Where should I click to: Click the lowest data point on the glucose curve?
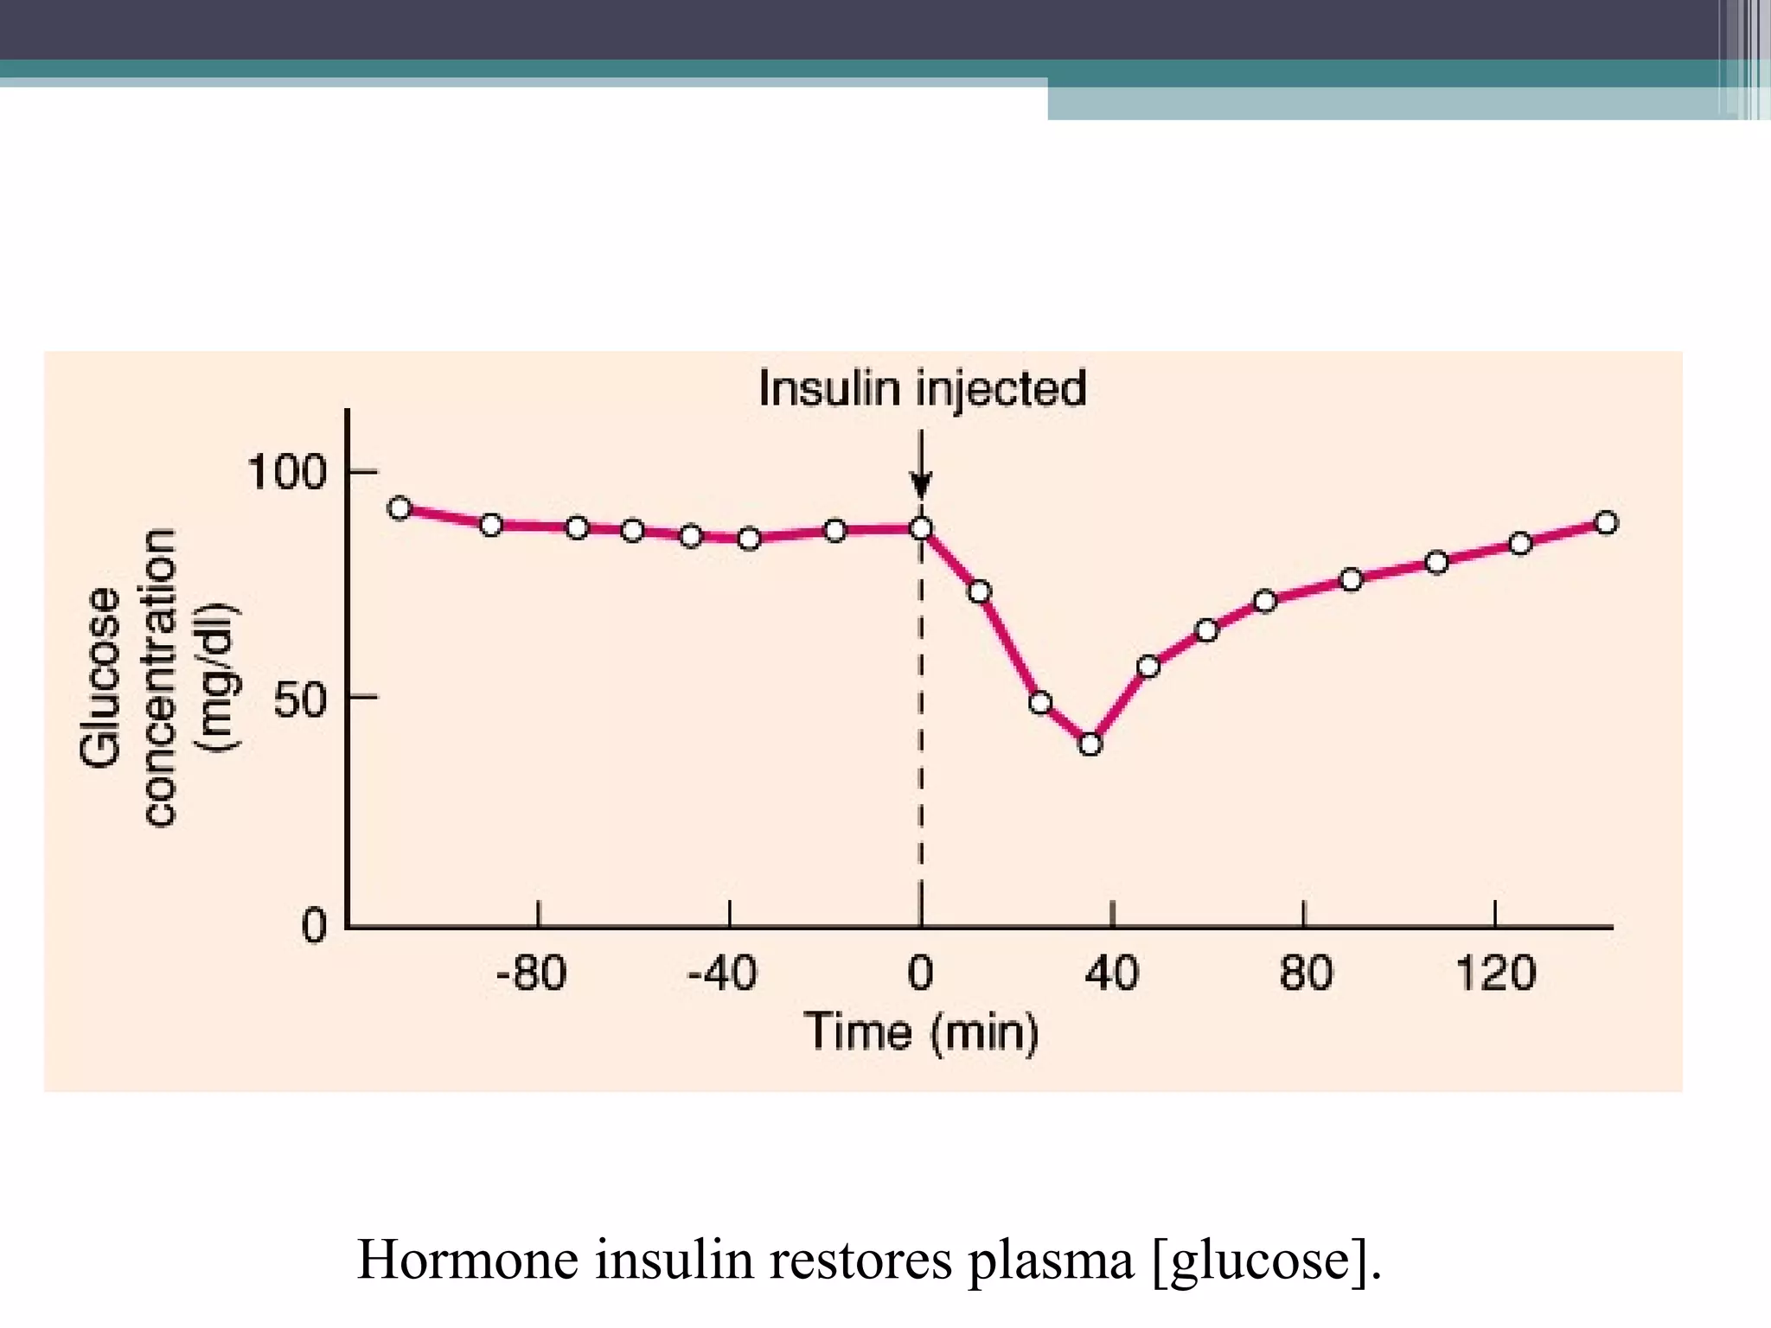point(1090,744)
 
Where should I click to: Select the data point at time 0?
point(922,528)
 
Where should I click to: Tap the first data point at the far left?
point(400,508)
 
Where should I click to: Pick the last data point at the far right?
point(1606,523)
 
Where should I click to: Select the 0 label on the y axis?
point(314,927)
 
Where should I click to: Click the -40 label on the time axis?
point(722,974)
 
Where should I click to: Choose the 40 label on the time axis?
point(1112,974)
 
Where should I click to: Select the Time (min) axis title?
point(922,1031)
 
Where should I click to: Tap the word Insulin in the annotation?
point(829,388)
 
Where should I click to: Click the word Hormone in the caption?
point(468,1259)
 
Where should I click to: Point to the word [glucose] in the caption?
point(1267,1261)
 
